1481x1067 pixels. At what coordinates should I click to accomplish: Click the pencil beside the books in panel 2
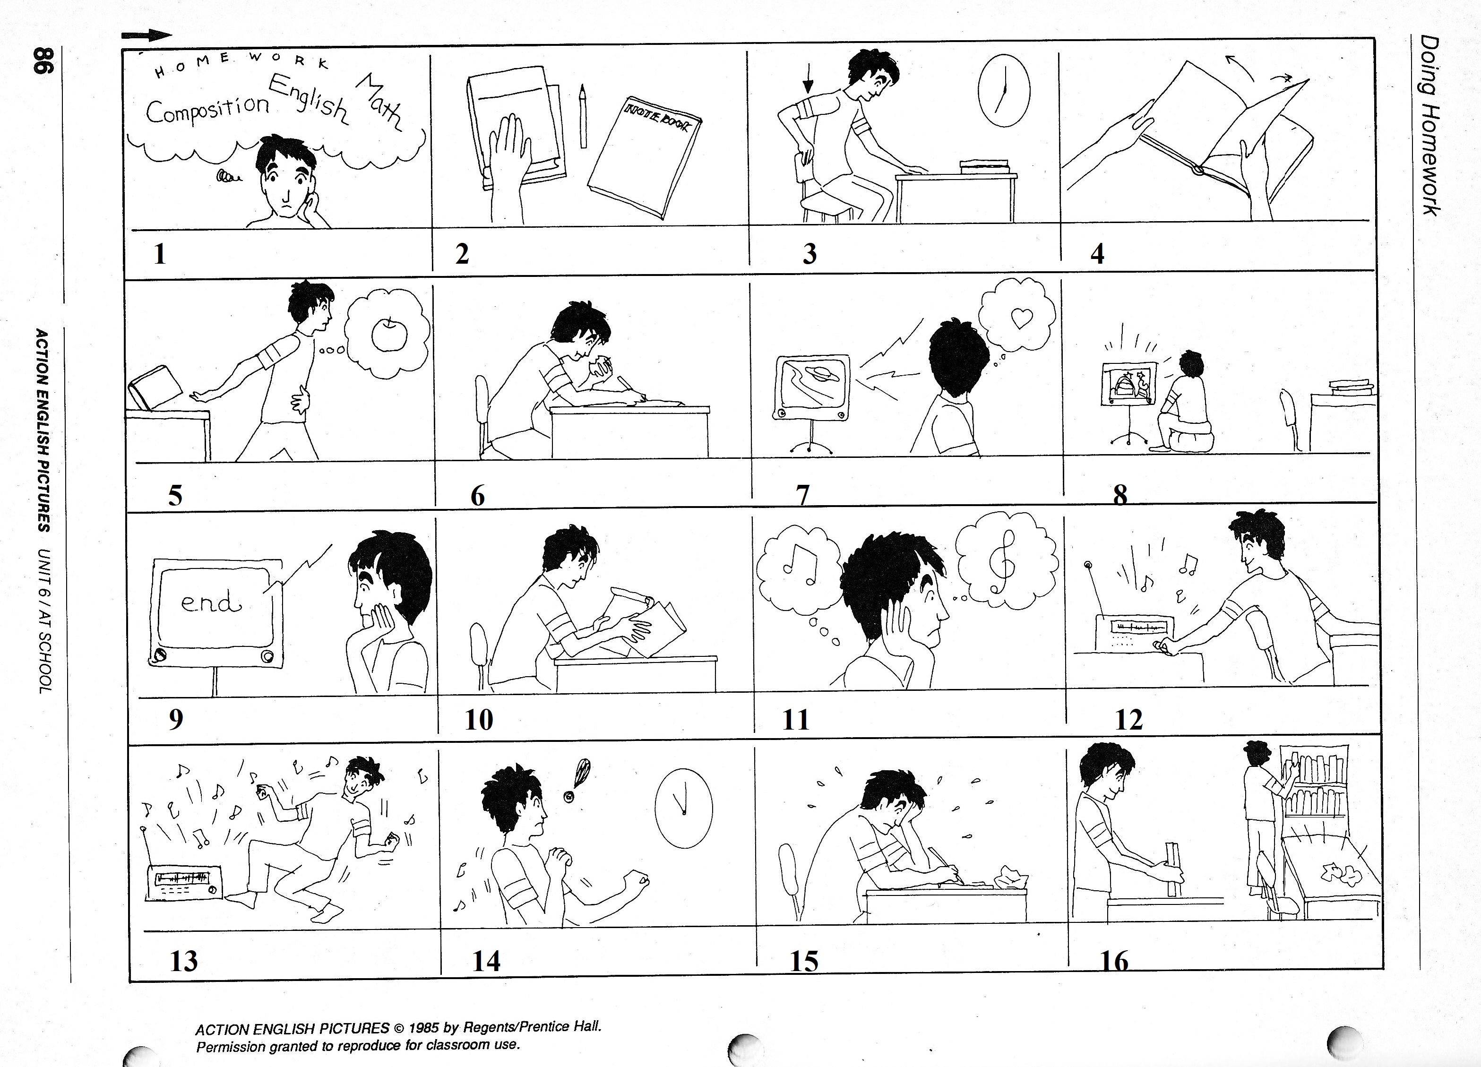pyautogui.click(x=583, y=116)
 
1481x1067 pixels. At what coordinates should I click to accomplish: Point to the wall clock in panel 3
pyautogui.click(x=1004, y=90)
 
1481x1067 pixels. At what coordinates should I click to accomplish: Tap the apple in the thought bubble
pyautogui.click(x=390, y=335)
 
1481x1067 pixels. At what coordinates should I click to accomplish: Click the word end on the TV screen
pyautogui.click(x=211, y=602)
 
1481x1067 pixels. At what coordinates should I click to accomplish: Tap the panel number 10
pyautogui.click(x=479, y=720)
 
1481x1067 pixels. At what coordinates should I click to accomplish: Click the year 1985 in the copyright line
pyautogui.click(x=424, y=1028)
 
